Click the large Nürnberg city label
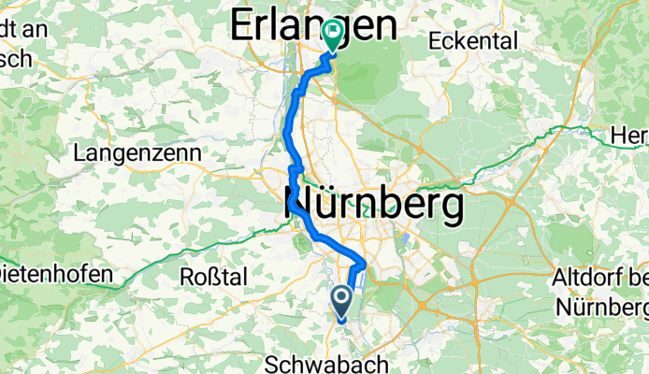point(373,206)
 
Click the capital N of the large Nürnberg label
point(298,206)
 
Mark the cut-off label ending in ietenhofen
point(55,276)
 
